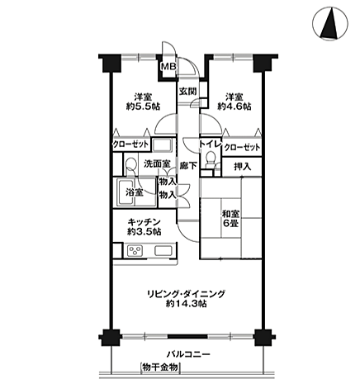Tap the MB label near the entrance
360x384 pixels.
(168, 67)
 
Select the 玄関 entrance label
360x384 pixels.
(188, 92)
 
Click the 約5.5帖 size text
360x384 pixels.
(130, 107)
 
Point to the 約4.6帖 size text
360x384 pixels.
(234, 107)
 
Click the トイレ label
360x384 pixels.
(209, 146)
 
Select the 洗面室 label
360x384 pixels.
(155, 164)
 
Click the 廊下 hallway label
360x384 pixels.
(189, 165)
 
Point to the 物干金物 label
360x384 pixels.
(159, 367)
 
